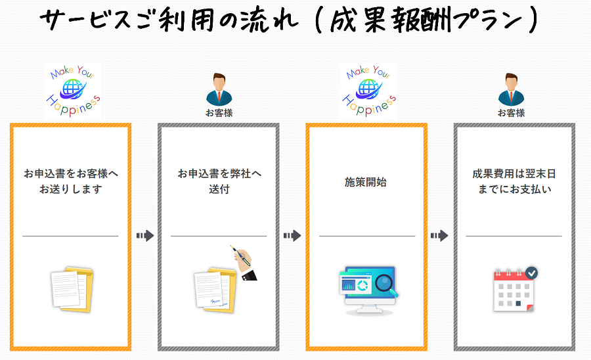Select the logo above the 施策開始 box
368,91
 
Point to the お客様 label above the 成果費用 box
511,113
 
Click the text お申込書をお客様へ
71,174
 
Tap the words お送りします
71,190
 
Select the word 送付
219,190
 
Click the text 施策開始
366,182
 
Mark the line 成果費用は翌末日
514,174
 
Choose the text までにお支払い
514,190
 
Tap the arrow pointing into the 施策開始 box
292,235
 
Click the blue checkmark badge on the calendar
531,273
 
